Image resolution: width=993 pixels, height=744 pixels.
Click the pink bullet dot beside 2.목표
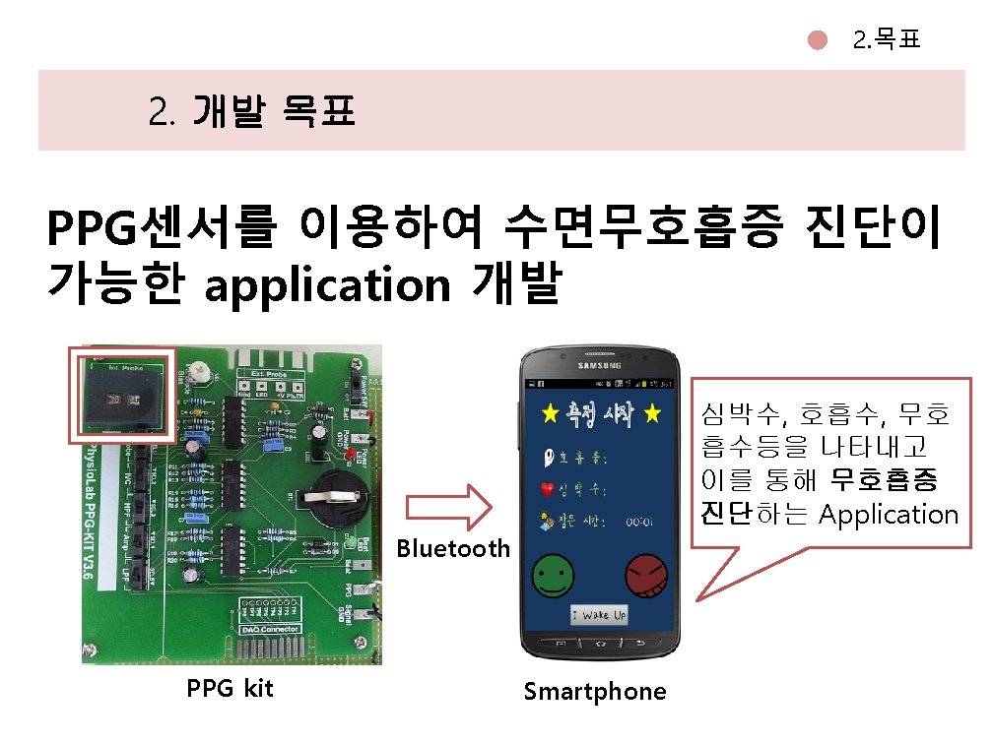pos(817,40)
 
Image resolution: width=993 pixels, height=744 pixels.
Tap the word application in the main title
pos(326,284)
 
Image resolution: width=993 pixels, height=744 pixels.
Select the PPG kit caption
pos(230,688)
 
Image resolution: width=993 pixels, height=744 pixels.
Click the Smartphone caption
pos(594,692)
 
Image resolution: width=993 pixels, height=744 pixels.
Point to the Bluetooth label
pos(453,548)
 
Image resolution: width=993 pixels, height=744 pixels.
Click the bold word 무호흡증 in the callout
pos(885,480)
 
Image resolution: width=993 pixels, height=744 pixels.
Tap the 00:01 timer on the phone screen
pos(641,524)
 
